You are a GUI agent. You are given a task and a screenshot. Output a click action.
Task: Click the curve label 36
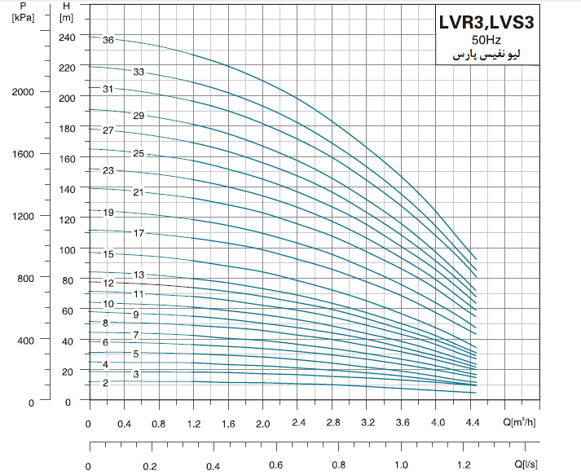point(108,39)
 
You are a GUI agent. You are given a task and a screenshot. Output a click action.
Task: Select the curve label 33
point(139,73)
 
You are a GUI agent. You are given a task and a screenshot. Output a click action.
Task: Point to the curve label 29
point(139,116)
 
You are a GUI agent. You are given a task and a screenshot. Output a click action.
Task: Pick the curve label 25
point(139,153)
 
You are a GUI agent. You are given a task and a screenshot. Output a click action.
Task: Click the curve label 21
point(139,192)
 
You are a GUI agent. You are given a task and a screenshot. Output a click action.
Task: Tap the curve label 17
point(139,233)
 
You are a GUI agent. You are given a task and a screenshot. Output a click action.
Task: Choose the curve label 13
point(139,275)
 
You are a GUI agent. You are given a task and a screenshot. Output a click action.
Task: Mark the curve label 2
point(105,383)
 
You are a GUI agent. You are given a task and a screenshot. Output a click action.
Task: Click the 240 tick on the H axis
point(67,37)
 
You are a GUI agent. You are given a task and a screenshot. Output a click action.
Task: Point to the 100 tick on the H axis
point(67,250)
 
